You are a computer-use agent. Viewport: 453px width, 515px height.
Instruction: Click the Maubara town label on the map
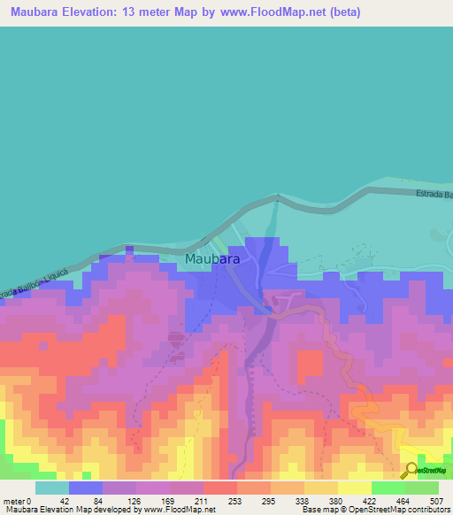point(212,259)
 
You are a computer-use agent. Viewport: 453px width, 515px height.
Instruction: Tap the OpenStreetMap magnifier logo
point(411,470)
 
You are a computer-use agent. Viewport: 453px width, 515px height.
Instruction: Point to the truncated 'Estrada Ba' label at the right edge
point(434,195)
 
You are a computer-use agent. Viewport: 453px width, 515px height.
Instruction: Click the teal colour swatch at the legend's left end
point(52,488)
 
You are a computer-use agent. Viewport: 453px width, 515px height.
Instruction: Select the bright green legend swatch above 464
point(388,488)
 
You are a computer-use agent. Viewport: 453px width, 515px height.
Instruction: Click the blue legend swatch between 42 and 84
point(86,488)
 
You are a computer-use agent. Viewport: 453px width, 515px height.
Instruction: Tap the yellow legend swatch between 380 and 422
point(355,488)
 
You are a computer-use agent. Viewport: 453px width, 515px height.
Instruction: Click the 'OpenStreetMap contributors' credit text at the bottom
point(403,510)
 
